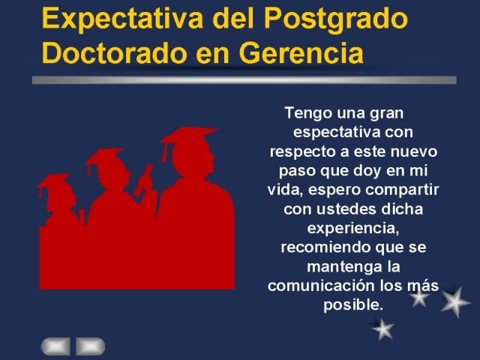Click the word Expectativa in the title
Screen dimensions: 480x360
click(122, 19)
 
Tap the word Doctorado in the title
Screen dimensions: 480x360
click(115, 52)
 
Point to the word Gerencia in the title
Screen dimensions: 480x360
click(301, 52)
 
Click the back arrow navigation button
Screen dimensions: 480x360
click(55, 346)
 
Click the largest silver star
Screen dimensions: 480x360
click(455, 302)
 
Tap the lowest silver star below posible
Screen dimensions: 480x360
click(382, 329)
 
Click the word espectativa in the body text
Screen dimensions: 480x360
click(337, 132)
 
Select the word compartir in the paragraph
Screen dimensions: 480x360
click(402, 190)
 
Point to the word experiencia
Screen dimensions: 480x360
click(353, 228)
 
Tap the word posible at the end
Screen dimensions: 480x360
click(353, 305)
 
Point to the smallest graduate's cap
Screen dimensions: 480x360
click(55, 181)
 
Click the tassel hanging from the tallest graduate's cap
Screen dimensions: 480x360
click(165, 152)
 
